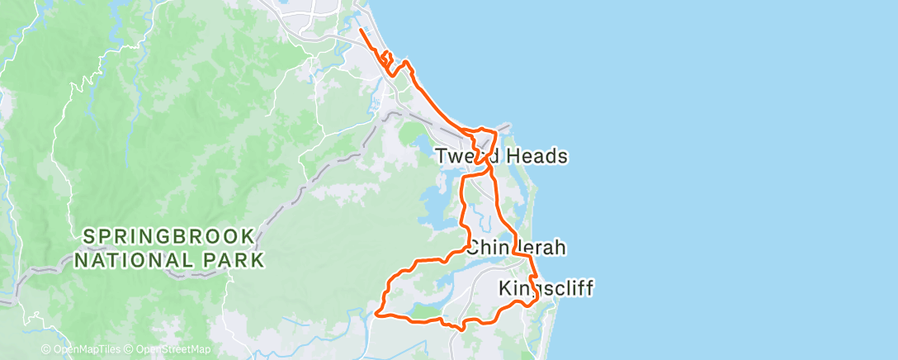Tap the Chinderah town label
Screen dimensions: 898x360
pos(518,247)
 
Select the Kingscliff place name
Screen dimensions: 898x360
pos(546,288)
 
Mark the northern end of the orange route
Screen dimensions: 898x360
pos(361,31)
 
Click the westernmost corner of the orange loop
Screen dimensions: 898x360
pos(376,313)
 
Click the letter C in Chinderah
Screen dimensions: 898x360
pos(474,247)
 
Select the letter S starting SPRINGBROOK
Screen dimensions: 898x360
pos(89,236)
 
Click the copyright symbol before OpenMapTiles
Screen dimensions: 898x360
pos(46,349)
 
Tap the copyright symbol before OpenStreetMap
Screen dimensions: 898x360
pos(130,349)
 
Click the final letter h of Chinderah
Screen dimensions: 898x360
pos(563,247)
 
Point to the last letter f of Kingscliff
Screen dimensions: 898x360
pos(588,288)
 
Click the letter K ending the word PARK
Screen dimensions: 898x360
pos(258,260)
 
